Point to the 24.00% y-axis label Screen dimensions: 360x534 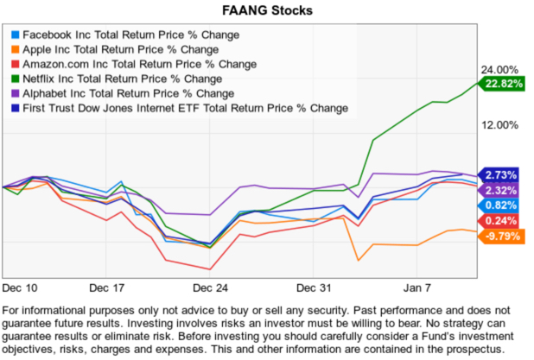(496, 70)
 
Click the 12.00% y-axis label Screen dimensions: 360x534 (496, 126)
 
